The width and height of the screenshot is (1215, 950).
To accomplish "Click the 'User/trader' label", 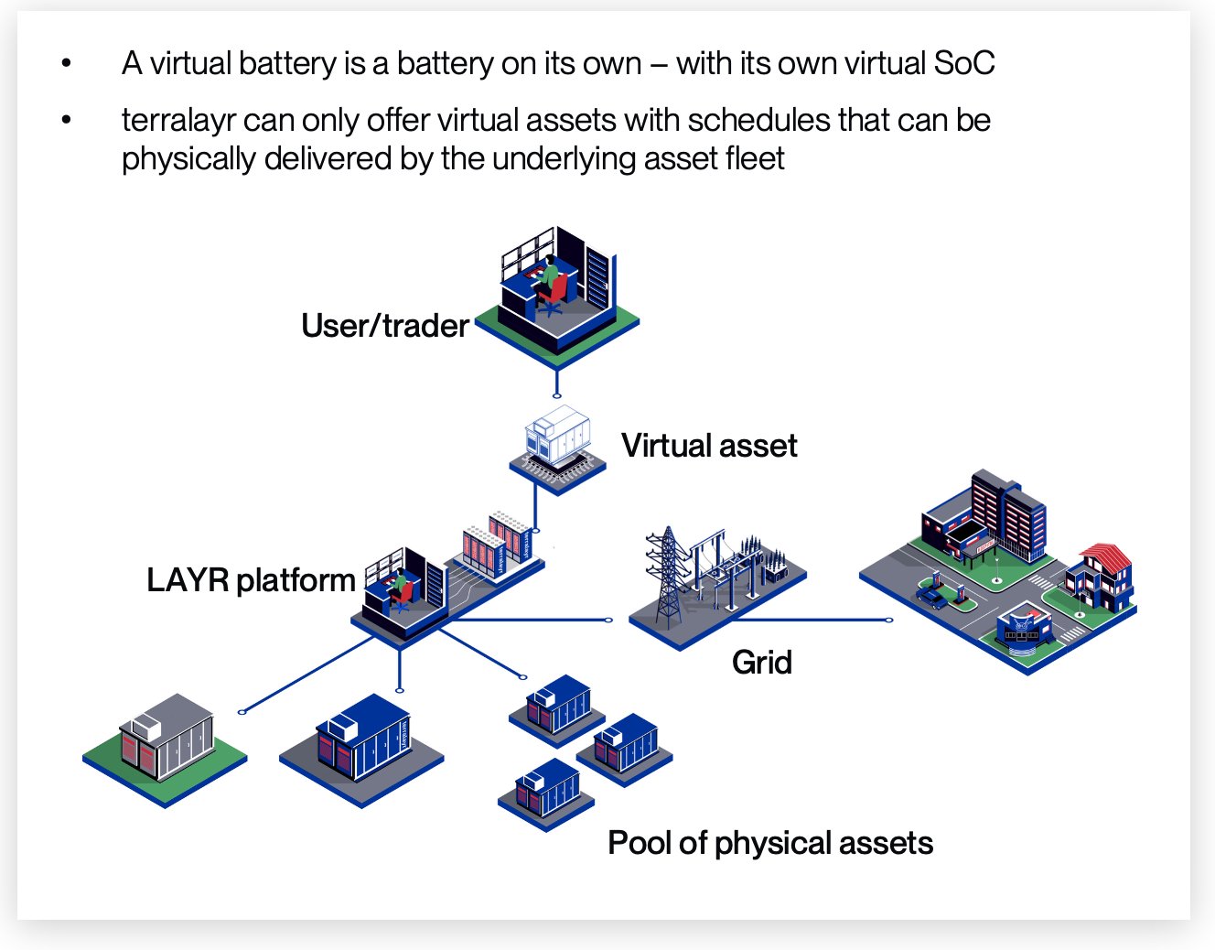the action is click(384, 326).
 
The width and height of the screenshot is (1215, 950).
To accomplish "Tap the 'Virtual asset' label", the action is click(709, 446).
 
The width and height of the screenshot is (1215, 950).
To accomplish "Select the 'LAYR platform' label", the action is click(251, 580).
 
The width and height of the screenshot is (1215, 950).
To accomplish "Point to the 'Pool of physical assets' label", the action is click(770, 843).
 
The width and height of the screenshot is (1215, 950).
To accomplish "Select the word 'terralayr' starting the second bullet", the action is click(179, 120).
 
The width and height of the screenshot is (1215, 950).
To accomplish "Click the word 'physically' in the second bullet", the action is click(188, 159).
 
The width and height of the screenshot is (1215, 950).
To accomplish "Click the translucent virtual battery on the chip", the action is click(557, 434).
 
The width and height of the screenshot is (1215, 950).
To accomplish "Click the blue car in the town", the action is click(932, 598).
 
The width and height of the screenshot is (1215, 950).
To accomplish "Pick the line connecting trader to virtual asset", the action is click(556, 383).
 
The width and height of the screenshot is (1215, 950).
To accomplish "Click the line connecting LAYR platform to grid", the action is click(532, 620).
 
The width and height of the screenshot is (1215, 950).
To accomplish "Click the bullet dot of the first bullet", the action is click(67, 62).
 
